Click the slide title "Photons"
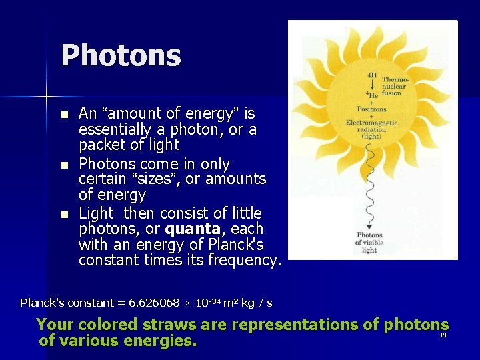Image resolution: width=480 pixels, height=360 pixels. click(x=121, y=55)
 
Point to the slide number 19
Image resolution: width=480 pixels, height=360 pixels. click(x=443, y=335)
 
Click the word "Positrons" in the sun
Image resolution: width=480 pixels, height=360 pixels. click(x=371, y=109)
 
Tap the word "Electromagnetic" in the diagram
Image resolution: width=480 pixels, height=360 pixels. click(x=371, y=123)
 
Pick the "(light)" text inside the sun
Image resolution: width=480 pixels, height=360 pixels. click(x=371, y=137)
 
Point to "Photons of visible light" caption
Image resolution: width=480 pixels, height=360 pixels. click(x=369, y=243)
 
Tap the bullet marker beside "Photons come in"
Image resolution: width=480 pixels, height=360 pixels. click(x=64, y=165)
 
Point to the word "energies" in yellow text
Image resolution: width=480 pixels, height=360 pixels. click(x=161, y=341)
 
